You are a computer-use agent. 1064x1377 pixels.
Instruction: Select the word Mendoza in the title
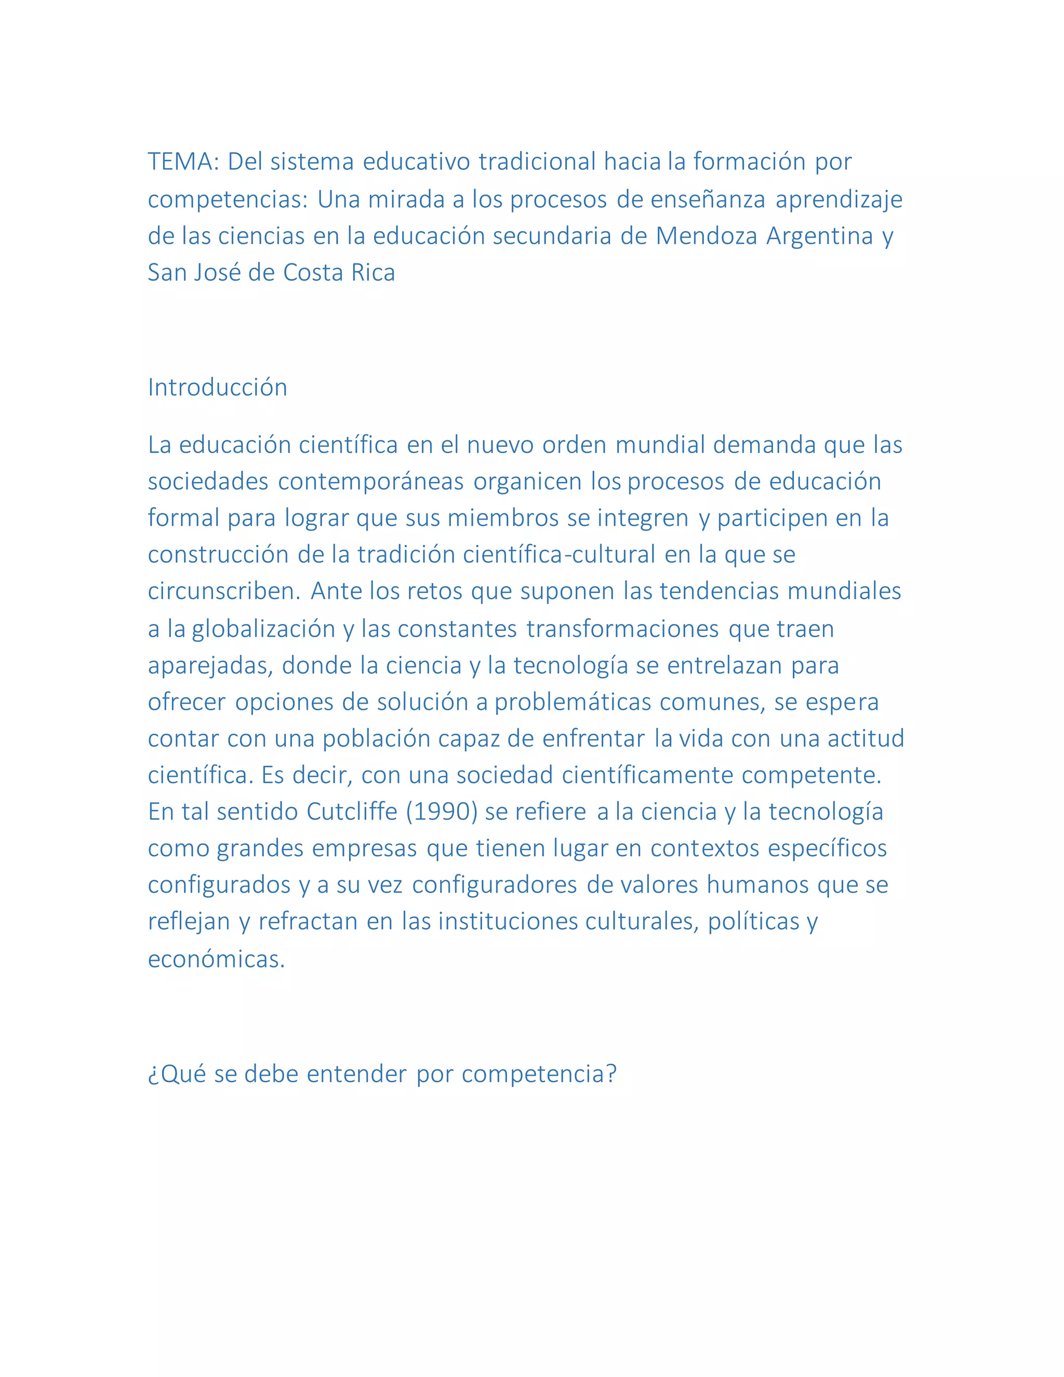(706, 236)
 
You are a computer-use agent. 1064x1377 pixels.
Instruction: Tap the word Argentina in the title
(819, 236)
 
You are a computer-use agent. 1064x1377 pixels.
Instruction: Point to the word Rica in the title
(373, 273)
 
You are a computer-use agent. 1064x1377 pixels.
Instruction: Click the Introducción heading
(218, 387)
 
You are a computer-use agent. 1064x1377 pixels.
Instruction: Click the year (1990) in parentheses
(441, 812)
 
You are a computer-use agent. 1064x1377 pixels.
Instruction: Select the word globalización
(263, 629)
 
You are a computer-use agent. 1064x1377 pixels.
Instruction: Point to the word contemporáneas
(370, 482)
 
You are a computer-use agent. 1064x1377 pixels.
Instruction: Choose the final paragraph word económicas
(216, 959)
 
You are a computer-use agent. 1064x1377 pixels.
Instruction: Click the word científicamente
(647, 775)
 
